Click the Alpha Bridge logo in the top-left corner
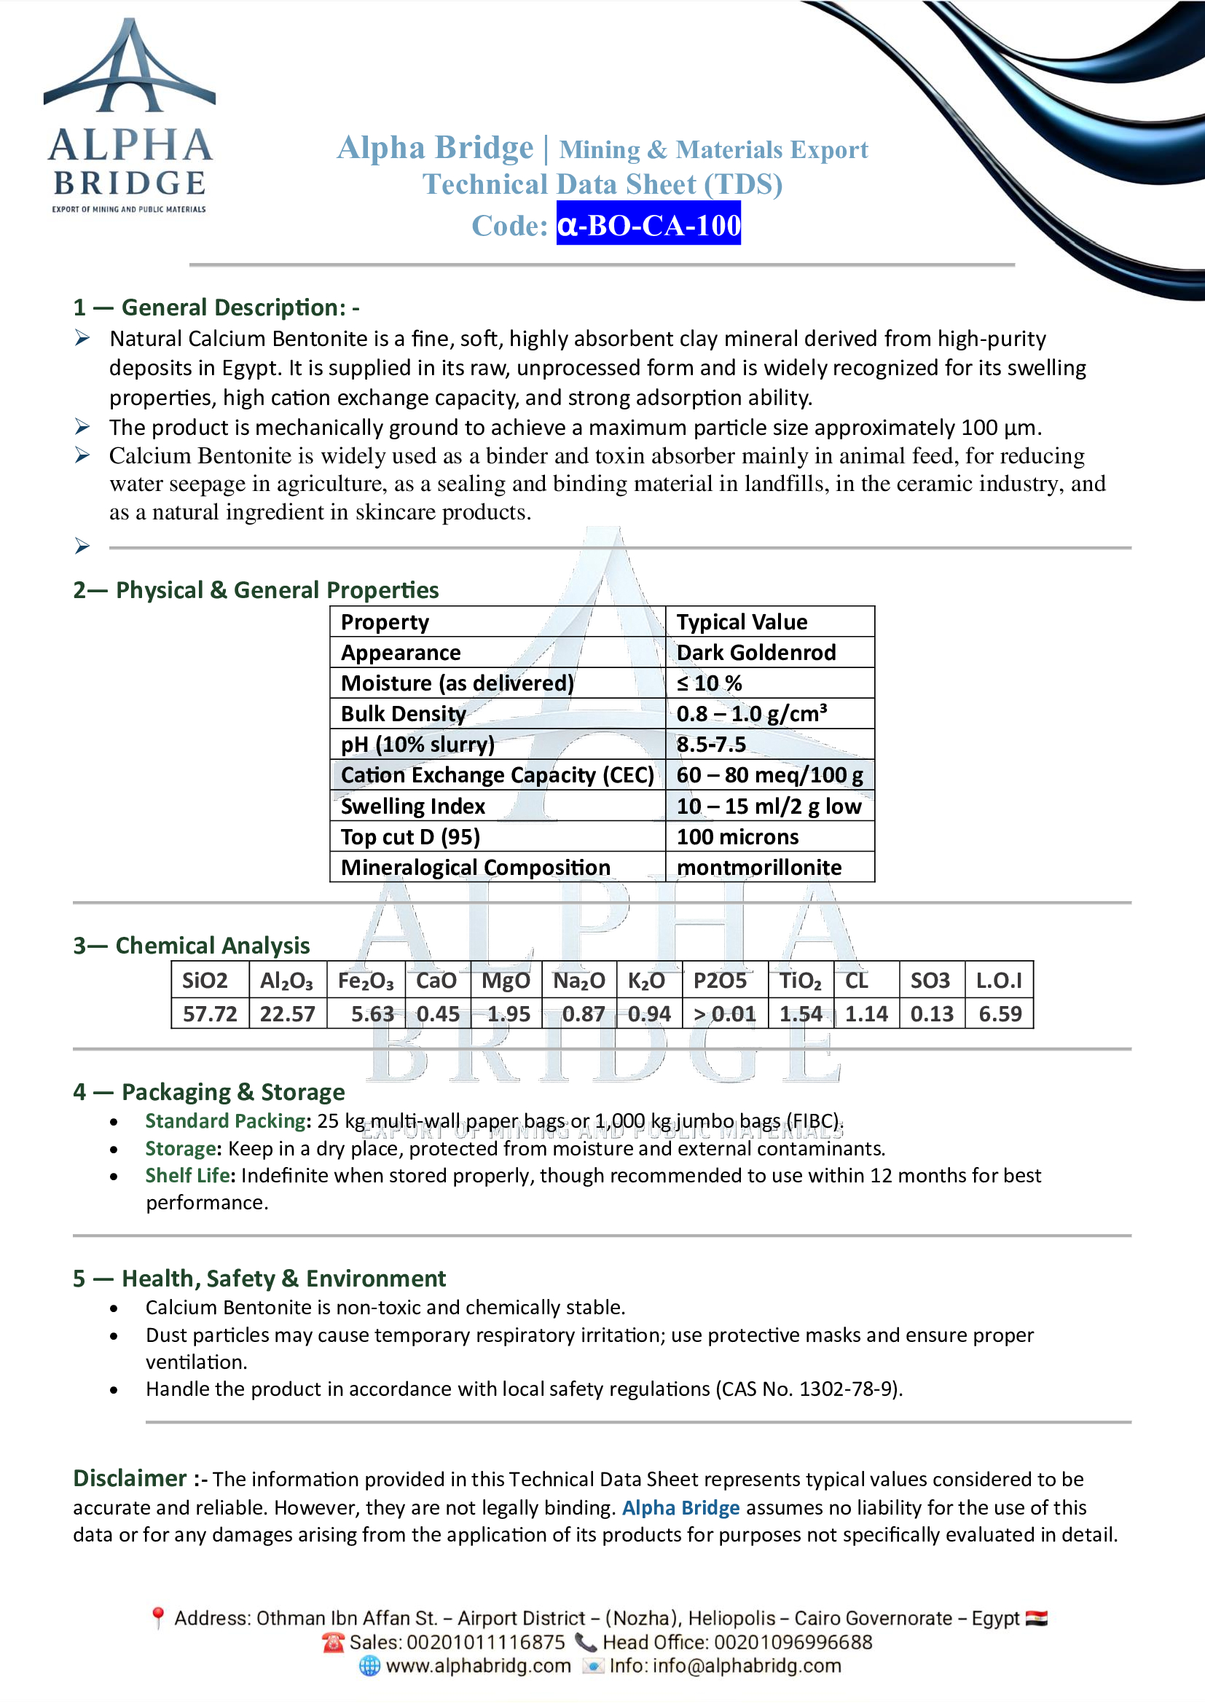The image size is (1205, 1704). pos(130,115)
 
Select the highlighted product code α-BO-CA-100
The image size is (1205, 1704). pos(648,224)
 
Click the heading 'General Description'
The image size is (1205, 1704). pos(233,307)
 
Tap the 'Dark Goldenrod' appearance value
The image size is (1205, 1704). pos(755,652)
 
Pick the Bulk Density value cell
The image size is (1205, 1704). pos(751,713)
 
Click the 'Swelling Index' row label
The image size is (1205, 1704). pos(412,806)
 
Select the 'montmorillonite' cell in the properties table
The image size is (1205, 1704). pos(758,867)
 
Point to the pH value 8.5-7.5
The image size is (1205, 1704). pos(711,745)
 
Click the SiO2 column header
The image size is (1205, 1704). pos(205,981)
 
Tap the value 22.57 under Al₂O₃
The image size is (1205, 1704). pos(287,1014)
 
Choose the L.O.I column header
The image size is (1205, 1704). pos(999,981)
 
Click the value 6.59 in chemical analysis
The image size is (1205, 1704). pos(1000,1014)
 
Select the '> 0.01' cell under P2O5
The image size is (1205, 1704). pos(724,1014)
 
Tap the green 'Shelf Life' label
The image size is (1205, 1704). pos(189,1176)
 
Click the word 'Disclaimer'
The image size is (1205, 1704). pos(130,1478)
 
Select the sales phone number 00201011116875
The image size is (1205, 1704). pos(485,1641)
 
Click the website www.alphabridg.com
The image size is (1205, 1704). pos(478,1665)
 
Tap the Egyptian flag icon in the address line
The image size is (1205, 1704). pos(1036,1618)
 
